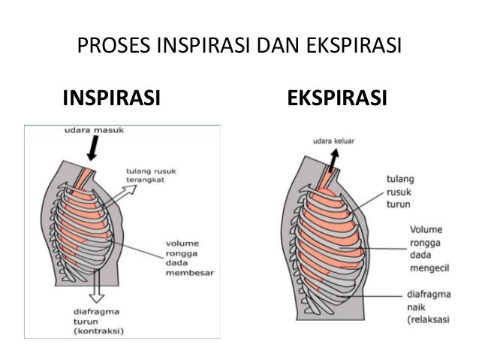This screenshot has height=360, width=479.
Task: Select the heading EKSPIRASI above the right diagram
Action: click(x=338, y=98)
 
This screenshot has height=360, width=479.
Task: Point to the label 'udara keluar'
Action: click(x=333, y=140)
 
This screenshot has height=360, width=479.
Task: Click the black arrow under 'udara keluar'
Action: click(x=330, y=159)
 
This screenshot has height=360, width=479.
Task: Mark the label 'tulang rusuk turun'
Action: click(x=400, y=192)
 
